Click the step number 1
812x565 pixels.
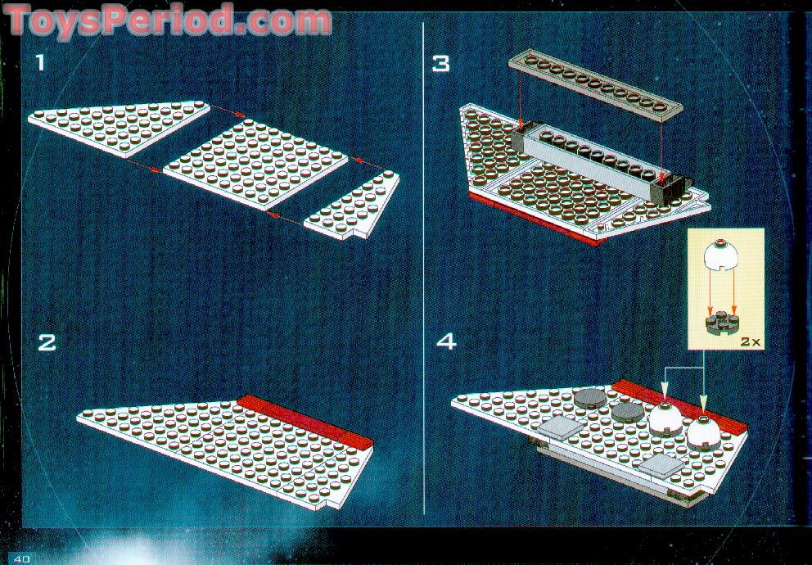pos(40,63)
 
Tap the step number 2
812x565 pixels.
pos(47,342)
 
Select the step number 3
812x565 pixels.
pos(441,64)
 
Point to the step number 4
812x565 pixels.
pos(446,341)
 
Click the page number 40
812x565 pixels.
pos(22,558)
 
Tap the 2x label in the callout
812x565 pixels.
pos(749,341)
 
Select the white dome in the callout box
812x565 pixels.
pos(721,255)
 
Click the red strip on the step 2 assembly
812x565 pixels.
pos(305,421)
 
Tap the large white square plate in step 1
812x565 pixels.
pos(255,164)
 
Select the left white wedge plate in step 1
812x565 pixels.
pos(120,128)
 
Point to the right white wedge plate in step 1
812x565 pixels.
pos(353,205)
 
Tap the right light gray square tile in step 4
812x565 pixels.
pos(662,466)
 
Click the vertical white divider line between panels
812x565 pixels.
pos(424,269)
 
